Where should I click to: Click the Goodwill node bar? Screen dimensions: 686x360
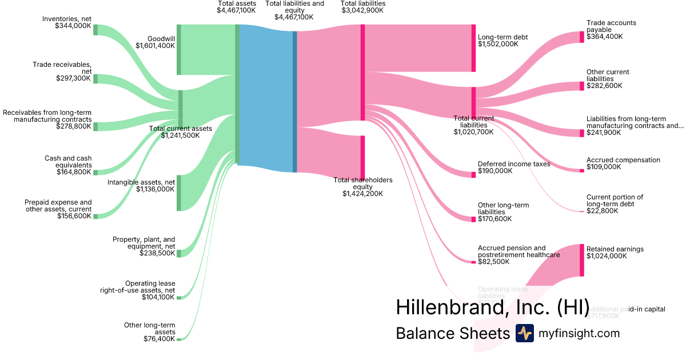[x=179, y=50]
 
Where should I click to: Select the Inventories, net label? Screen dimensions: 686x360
[x=66, y=19]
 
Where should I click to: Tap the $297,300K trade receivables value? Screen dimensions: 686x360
[x=73, y=78]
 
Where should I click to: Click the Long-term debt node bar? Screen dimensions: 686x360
[x=473, y=48]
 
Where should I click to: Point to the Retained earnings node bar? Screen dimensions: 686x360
[x=582, y=261]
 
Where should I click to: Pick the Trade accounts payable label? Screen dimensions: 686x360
[x=611, y=26]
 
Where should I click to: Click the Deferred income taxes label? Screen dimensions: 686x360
[x=514, y=164]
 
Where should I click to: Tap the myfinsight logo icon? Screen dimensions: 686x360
[x=524, y=333]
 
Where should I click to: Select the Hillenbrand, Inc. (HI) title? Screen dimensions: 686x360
[x=492, y=307]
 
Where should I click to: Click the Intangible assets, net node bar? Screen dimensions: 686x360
[x=179, y=193]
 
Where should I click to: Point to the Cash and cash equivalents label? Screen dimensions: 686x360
[x=68, y=162]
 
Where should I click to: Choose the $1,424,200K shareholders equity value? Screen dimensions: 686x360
[x=362, y=194]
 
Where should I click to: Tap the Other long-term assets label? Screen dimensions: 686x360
[x=150, y=329]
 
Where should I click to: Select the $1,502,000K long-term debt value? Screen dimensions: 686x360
[x=497, y=44]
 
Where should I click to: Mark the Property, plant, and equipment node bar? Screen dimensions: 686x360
[x=179, y=253]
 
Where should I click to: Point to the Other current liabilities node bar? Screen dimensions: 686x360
[x=582, y=86]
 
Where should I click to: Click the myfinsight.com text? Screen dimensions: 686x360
[x=579, y=333]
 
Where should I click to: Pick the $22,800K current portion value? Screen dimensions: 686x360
[x=602, y=211]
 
